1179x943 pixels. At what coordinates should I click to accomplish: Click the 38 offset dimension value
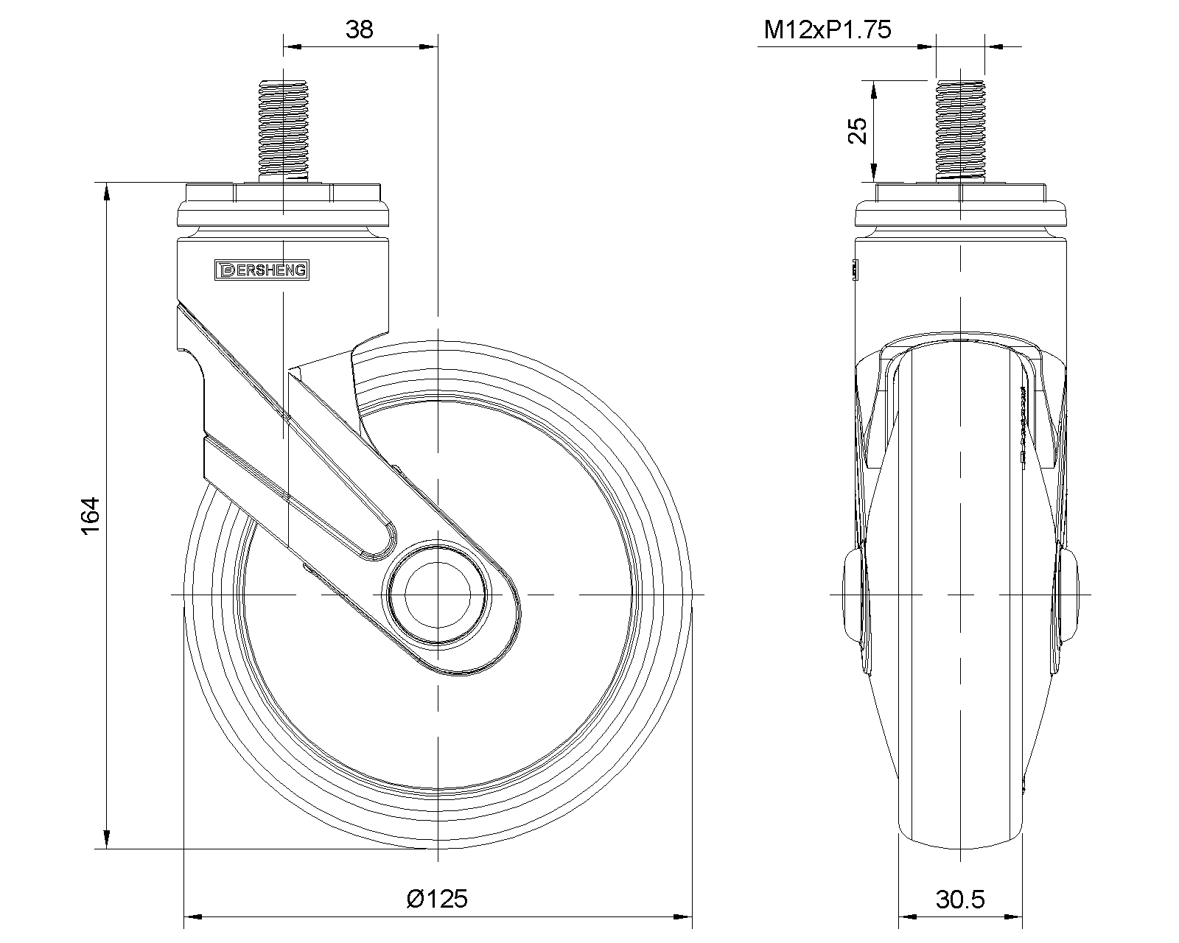point(360,29)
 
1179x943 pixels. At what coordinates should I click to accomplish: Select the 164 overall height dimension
point(91,516)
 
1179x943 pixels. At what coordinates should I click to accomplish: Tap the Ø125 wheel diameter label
point(437,899)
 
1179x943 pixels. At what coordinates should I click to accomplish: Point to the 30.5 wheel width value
point(960,899)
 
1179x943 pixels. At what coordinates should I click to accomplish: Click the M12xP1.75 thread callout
point(828,29)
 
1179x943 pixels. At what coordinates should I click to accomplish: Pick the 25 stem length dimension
point(858,130)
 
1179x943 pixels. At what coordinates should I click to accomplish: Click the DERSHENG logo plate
point(262,270)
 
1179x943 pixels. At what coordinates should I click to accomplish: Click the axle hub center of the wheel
point(438,595)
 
